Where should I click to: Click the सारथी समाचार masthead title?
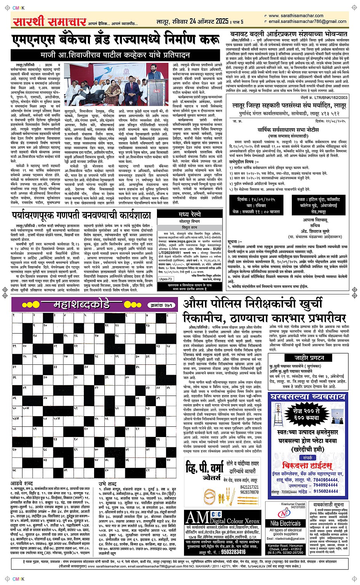click(x=49, y=21)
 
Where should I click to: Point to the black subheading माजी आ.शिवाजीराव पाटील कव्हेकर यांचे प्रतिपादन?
click(x=115, y=55)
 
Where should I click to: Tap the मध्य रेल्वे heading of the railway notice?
click(x=189, y=215)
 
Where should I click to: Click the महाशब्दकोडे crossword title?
click(x=82, y=304)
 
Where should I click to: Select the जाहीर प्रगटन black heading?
click(x=309, y=358)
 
